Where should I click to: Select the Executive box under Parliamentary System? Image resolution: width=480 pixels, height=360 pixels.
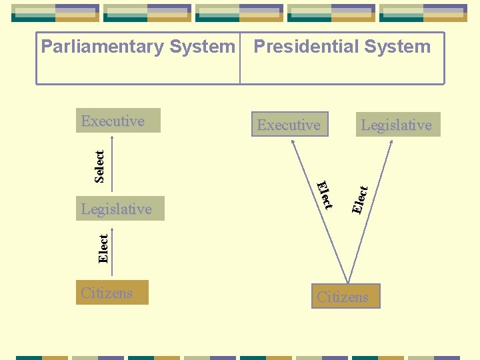118,121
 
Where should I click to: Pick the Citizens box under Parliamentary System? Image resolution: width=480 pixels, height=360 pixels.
112,293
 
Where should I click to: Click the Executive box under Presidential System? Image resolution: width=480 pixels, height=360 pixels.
289,125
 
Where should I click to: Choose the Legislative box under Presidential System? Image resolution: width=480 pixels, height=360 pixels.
397,125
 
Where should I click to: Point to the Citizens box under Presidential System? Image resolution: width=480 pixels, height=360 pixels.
345,297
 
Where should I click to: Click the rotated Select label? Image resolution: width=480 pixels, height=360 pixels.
99,166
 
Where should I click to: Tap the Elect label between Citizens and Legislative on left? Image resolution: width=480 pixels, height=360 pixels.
103,248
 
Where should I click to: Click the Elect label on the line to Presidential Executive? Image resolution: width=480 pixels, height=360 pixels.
324,194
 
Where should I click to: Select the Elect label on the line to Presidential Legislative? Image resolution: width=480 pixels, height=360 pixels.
359,199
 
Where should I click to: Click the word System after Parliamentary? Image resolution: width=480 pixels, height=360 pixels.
203,47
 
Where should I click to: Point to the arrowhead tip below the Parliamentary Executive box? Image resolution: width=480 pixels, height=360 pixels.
113,138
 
